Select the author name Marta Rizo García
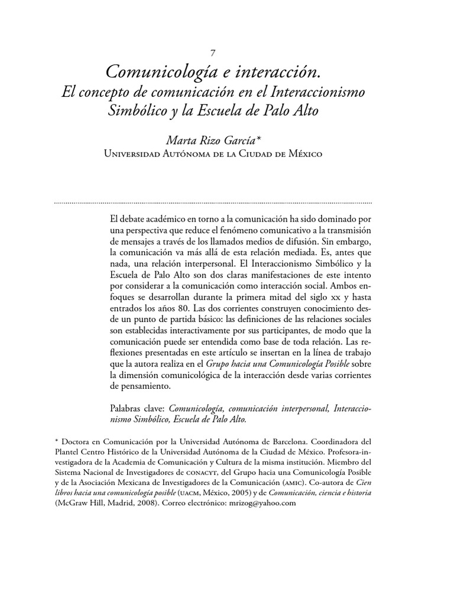pyautogui.click(x=210, y=141)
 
